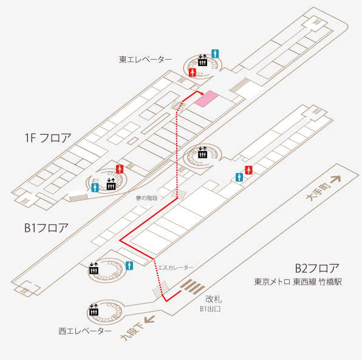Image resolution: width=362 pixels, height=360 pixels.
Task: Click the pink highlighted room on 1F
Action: pos(207,98)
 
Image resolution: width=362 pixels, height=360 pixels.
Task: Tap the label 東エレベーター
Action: pos(145,59)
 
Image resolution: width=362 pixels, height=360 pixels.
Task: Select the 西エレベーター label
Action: pos(84,331)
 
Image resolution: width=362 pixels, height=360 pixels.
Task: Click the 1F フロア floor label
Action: pos(48,138)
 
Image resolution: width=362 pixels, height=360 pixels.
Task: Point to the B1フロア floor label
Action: pos(46,228)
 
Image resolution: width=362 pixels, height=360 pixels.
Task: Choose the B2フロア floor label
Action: pos(317,268)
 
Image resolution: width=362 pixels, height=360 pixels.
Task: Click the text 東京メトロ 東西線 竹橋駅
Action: pos(298,282)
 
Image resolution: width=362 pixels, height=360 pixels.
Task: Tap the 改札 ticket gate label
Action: pos(214,299)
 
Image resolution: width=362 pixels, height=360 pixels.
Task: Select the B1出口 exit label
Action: pos(210,309)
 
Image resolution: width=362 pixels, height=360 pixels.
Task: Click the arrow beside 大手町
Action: pos(335,179)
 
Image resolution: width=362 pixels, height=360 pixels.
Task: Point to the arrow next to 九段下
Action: pos(149,319)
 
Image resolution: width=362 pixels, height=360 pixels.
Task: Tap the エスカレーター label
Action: pos(176,268)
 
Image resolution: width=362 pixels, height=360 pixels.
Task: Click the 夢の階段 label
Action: pos(147,198)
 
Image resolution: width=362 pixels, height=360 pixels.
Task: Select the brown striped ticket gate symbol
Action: pos(193,287)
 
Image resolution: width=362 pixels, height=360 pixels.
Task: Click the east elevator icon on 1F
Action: pos(202,61)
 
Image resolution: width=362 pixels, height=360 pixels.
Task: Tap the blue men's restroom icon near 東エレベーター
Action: pos(215,54)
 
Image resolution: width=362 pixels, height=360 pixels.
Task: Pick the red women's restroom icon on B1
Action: pos(248,170)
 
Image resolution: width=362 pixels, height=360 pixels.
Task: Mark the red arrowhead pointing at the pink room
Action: pos(202,93)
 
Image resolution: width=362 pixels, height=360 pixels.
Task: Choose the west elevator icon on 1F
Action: pos(111,184)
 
